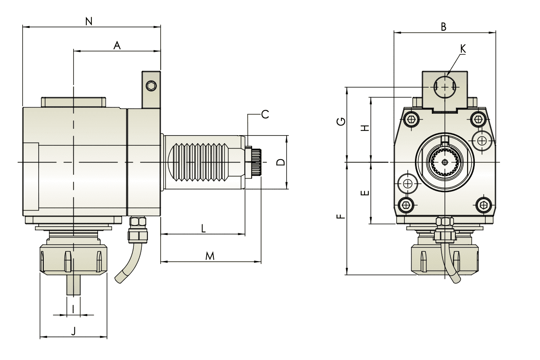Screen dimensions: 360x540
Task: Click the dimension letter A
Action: point(117,46)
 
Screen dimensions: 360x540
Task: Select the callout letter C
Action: point(265,114)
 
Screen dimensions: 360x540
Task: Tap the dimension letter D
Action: point(282,162)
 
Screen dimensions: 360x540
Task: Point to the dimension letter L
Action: point(203,229)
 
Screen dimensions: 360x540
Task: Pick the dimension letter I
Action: point(74,309)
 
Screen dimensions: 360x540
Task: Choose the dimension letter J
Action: point(73,331)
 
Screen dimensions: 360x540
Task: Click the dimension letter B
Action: point(443,27)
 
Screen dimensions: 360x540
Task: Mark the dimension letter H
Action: point(365,128)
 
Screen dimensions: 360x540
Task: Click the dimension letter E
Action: point(365,193)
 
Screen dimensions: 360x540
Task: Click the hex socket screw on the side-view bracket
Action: point(151,86)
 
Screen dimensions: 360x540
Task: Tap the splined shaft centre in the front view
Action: point(445,162)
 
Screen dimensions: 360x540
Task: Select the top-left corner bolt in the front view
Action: point(411,119)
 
